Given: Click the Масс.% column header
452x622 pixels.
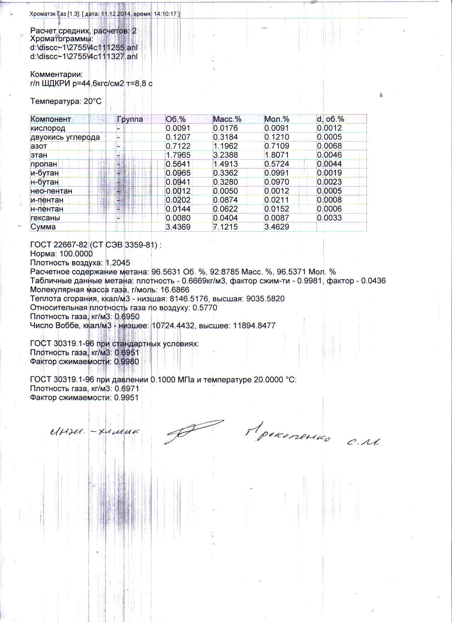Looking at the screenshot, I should (227, 119).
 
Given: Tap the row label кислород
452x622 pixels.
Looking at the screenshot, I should (48, 128).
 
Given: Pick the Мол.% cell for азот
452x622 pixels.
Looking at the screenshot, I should (277, 146).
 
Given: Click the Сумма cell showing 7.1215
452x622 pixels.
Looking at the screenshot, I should (225, 227).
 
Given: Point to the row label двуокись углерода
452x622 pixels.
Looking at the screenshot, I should (65, 137).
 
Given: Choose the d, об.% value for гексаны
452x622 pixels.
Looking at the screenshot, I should (329, 218).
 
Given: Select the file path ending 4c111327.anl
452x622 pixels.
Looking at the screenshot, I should (84, 56).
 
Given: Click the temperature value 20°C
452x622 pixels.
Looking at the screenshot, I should (93, 101).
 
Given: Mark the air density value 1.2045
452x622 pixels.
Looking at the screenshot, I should (118, 263).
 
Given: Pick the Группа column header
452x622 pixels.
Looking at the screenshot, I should (130, 119).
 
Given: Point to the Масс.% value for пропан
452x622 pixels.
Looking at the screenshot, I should (225, 164).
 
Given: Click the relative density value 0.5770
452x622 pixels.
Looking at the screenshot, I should (204, 308).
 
